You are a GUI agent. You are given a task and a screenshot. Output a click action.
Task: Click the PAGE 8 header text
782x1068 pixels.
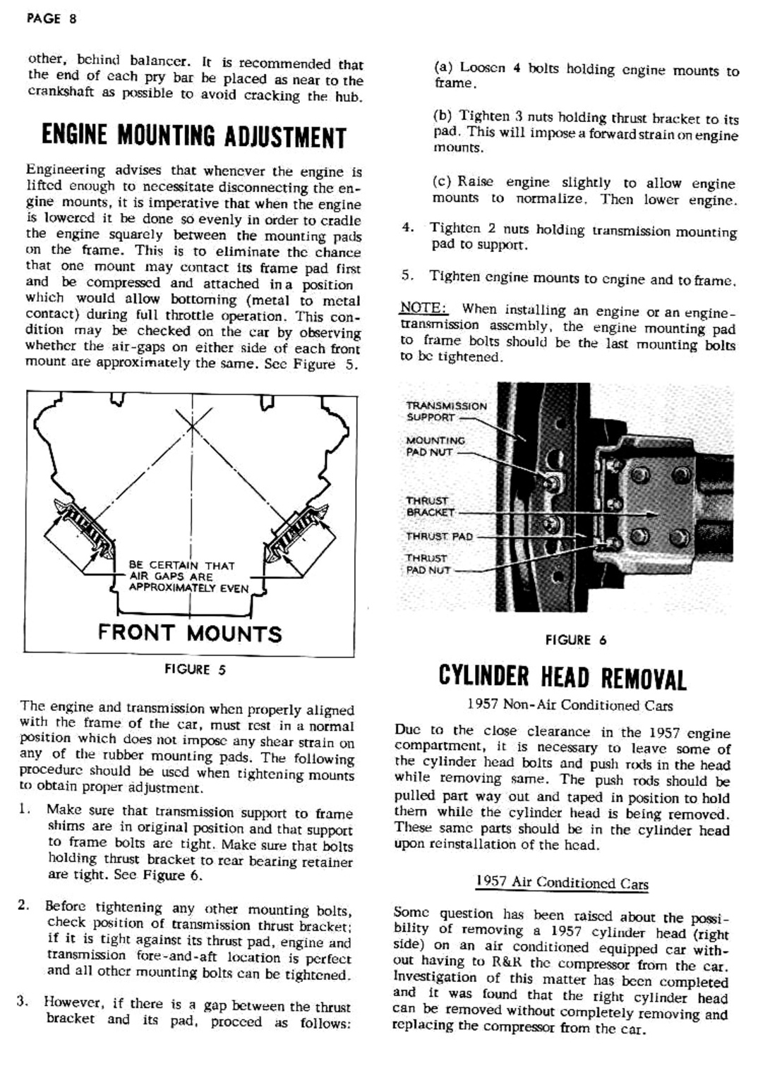click(x=51, y=19)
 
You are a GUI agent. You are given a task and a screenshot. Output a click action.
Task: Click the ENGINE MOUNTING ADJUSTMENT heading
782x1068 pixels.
click(x=194, y=135)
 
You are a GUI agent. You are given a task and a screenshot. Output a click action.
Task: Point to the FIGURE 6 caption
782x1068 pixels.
click(x=575, y=641)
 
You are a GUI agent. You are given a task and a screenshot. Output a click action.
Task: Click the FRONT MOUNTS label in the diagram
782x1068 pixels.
click(x=190, y=633)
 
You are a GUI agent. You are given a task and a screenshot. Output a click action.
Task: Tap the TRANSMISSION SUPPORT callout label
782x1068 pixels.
click(x=446, y=411)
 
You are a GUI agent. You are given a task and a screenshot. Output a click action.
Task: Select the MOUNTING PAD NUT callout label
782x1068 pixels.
click(x=435, y=447)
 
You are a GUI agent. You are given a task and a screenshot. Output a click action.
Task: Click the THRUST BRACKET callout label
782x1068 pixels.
click(x=430, y=506)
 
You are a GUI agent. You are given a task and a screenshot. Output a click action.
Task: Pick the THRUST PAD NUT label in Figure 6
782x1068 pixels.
click(x=428, y=564)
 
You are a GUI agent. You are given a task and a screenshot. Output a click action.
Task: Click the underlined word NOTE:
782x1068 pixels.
click(x=423, y=308)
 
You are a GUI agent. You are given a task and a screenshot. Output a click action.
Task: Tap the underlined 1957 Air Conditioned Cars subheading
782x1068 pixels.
click(x=561, y=883)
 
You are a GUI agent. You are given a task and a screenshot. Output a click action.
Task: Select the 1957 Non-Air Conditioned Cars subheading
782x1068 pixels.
click(x=570, y=705)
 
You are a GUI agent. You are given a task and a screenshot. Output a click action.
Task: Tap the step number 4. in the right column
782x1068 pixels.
click(x=407, y=228)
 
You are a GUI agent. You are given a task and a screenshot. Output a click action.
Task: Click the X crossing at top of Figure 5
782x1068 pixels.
click(x=193, y=424)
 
